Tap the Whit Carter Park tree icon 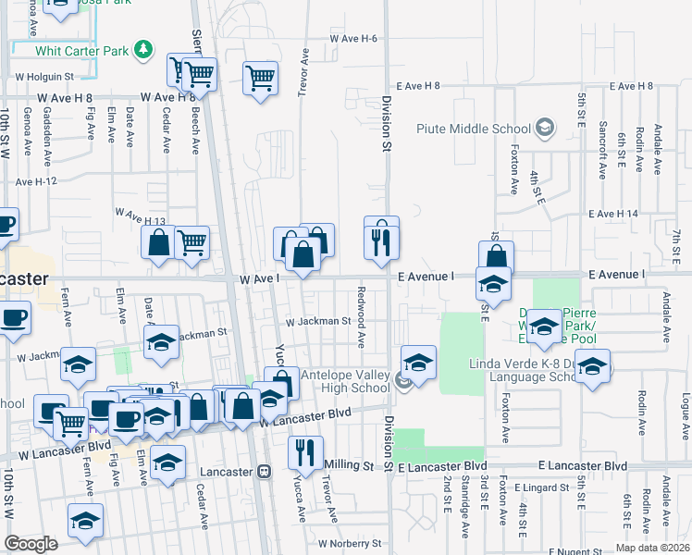[x=142, y=49]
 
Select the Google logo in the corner [x=31, y=543]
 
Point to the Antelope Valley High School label [x=346, y=381]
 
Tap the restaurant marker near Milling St [x=305, y=453]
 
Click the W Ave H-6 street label [x=353, y=39]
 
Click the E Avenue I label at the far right [x=615, y=275]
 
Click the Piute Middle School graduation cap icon [x=546, y=127]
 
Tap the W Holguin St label [x=43, y=76]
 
